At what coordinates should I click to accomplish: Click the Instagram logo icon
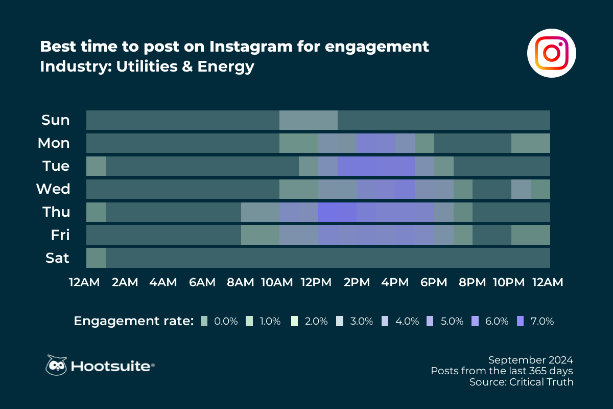[x=551, y=53]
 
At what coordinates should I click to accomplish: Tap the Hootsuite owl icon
[x=57, y=365]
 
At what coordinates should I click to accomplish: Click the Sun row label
[x=55, y=120]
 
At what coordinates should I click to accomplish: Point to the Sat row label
[x=57, y=258]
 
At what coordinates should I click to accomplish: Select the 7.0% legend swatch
[x=521, y=321]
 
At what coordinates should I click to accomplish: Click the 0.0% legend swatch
[x=204, y=321]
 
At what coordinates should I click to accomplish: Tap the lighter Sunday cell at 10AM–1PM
[x=309, y=120]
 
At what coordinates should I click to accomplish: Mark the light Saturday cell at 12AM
[x=96, y=258]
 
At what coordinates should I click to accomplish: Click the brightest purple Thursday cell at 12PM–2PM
[x=337, y=212]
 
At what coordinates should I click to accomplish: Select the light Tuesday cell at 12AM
[x=96, y=166]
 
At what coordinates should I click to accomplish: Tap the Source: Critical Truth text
[x=522, y=382]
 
